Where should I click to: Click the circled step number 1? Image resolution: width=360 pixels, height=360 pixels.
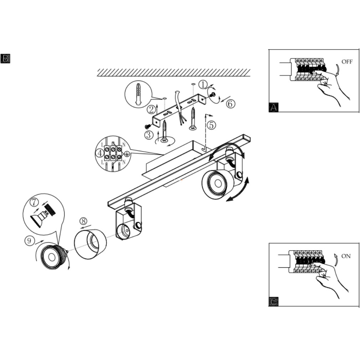pos(203,84)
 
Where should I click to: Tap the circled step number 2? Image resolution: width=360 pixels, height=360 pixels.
pos(151,109)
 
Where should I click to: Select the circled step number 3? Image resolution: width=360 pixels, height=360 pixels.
pos(149,134)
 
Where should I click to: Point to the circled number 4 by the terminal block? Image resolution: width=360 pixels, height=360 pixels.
pos(100,153)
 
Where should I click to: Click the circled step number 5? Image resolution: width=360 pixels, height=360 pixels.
pos(211,125)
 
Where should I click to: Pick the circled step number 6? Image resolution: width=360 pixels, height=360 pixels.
pos(231,104)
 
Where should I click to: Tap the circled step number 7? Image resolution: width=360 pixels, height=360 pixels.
pos(34,202)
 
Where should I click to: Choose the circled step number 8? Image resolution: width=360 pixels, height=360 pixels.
pos(83,221)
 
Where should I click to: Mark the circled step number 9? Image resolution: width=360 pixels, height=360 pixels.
pos(29,241)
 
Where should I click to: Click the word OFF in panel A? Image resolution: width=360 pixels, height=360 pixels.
pos(347,62)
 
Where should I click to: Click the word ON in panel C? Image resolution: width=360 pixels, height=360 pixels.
pos(346,256)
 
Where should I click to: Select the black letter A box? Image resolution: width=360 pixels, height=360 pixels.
pos(274,107)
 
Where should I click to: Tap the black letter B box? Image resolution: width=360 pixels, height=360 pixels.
pos(5,58)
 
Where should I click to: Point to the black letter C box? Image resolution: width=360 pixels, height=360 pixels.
pos(273,302)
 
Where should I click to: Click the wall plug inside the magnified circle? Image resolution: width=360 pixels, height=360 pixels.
pos(138,94)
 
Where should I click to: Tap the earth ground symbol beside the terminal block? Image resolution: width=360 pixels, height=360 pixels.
pos(127,154)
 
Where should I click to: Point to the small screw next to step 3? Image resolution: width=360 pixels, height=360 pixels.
pos(148,126)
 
